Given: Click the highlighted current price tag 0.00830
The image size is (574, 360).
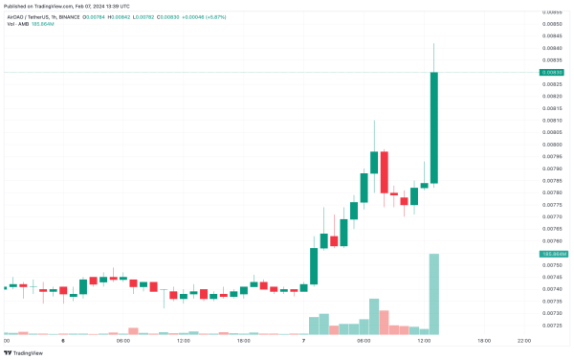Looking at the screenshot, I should [x=553, y=72].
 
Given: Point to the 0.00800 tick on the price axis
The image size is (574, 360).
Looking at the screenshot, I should [x=552, y=145].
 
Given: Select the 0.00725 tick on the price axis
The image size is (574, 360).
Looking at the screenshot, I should [x=552, y=326].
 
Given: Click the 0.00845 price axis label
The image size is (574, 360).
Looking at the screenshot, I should [x=552, y=35].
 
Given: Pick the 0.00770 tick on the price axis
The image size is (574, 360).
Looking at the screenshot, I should [x=552, y=217].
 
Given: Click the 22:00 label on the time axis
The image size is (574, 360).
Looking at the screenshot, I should [x=524, y=341].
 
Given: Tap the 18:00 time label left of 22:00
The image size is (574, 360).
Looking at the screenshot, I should [x=484, y=341].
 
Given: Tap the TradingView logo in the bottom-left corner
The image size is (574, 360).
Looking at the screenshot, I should [x=23, y=352].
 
